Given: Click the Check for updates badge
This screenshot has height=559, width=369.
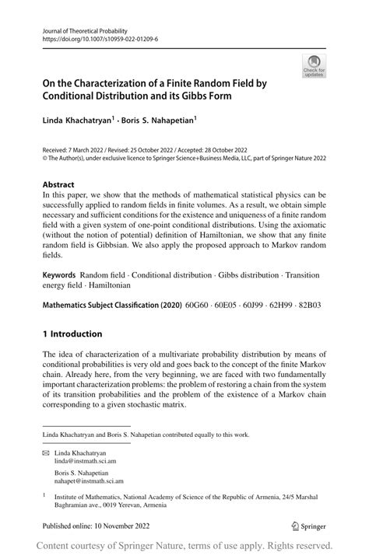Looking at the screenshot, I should (313, 66).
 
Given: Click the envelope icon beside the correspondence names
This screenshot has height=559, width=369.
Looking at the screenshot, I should (46, 452).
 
